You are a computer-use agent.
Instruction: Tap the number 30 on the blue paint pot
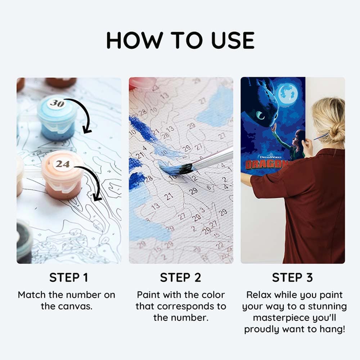57,104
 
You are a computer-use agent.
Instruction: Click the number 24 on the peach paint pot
62,164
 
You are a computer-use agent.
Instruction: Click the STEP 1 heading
68,278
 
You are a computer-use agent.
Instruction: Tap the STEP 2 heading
181,278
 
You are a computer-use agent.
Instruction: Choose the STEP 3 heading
292,278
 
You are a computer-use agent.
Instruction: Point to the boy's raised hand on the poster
274,128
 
